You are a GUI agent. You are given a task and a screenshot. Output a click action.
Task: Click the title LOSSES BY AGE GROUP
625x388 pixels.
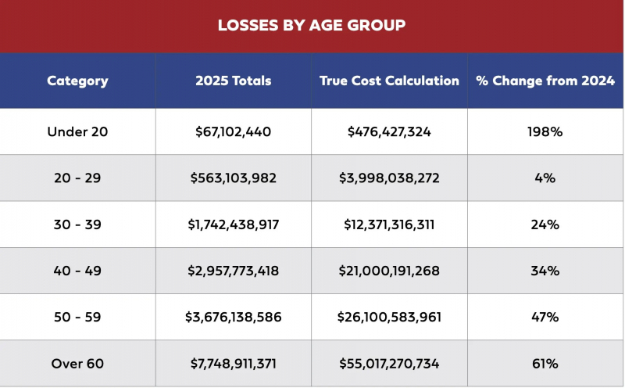pyautogui.click(x=312, y=25)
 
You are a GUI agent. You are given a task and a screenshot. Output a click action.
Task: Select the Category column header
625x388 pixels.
pyautogui.click(x=77, y=81)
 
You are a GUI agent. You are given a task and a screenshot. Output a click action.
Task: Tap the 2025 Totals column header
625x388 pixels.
pyautogui.click(x=233, y=81)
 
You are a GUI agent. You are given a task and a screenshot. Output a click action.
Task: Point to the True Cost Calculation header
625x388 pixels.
pyautogui.click(x=389, y=81)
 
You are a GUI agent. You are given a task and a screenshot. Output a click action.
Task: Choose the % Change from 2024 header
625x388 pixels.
pyautogui.click(x=545, y=81)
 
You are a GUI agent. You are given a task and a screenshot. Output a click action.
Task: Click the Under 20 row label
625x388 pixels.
pyautogui.click(x=77, y=131)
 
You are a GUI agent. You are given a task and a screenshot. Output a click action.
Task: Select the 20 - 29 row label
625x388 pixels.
pyautogui.click(x=77, y=178)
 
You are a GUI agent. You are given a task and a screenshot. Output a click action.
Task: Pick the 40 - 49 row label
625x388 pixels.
pyautogui.click(x=77, y=271)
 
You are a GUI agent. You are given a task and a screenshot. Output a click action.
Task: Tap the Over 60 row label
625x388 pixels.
pyautogui.click(x=77, y=364)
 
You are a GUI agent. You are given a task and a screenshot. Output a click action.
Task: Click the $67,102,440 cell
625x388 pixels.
pyautogui.click(x=233, y=131)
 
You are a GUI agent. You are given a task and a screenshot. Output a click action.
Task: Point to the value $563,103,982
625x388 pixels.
pyautogui.click(x=233, y=178)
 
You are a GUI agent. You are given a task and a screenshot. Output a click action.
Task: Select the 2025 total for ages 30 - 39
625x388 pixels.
pyautogui.click(x=233, y=225)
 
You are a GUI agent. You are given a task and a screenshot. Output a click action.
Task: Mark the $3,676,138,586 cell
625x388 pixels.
pyautogui.click(x=233, y=318)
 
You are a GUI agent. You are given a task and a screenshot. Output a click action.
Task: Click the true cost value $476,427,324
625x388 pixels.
pyautogui.click(x=389, y=131)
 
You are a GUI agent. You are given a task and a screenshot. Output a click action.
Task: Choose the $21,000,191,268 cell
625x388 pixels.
pyautogui.click(x=389, y=271)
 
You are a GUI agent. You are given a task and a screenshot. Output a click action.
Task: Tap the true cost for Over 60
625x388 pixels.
pyautogui.click(x=389, y=364)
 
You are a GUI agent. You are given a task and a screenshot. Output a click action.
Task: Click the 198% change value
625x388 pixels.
pyautogui.click(x=545, y=131)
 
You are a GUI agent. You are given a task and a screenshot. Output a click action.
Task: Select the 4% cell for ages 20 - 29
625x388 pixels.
pyautogui.click(x=545, y=178)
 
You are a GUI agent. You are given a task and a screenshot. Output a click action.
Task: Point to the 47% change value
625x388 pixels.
pyautogui.click(x=545, y=317)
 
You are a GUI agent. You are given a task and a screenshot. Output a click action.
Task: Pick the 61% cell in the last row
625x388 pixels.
pyautogui.click(x=545, y=364)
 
